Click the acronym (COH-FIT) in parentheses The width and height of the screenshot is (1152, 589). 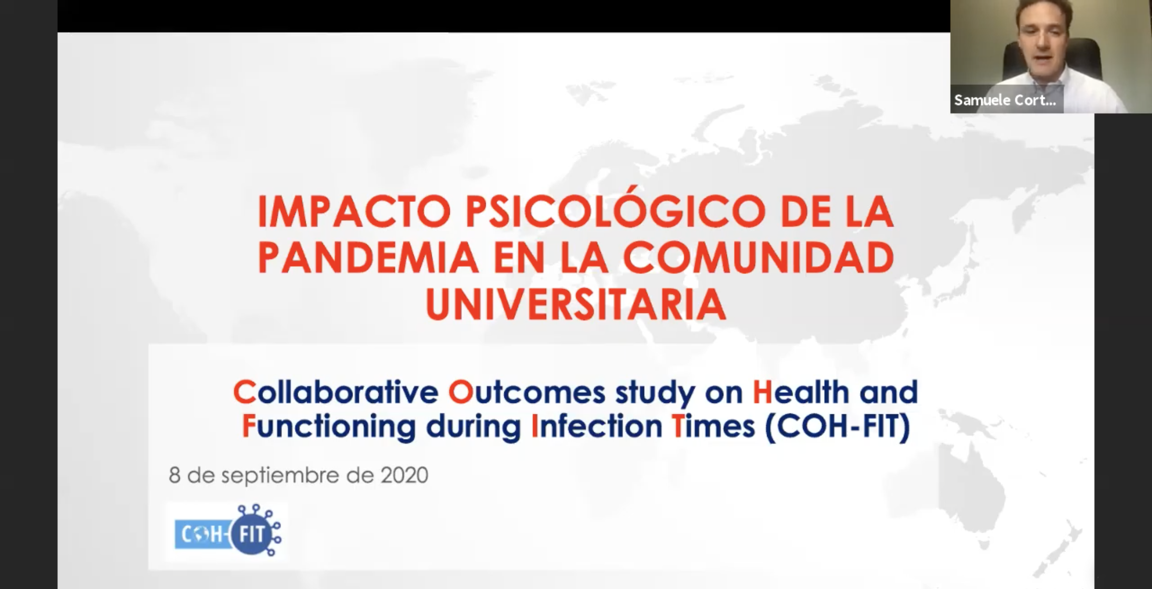pyautogui.click(x=837, y=427)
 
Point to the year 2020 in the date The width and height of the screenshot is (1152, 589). pyautogui.click(x=404, y=475)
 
